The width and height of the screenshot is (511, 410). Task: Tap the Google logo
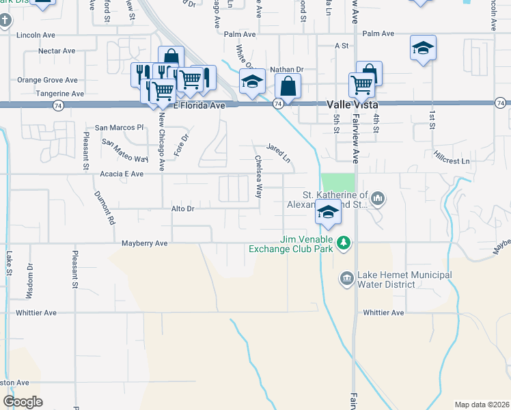coord(23,401)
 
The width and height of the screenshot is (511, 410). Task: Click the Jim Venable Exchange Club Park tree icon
coord(346,243)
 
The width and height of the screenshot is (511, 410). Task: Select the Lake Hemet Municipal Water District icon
coord(346,278)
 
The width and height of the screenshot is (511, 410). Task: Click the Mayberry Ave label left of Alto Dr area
coord(144,243)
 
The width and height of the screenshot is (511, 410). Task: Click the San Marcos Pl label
coord(120,127)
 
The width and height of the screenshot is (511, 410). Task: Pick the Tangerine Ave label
coord(61,94)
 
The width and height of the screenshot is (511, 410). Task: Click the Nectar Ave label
coord(57,51)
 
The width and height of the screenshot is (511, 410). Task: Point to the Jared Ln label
coord(279,150)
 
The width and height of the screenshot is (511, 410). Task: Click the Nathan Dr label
coord(286,69)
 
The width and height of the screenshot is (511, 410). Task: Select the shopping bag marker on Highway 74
coord(288,87)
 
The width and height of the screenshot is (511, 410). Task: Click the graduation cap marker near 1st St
coord(424,48)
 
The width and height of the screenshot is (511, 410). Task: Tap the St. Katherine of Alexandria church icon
coord(378,199)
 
